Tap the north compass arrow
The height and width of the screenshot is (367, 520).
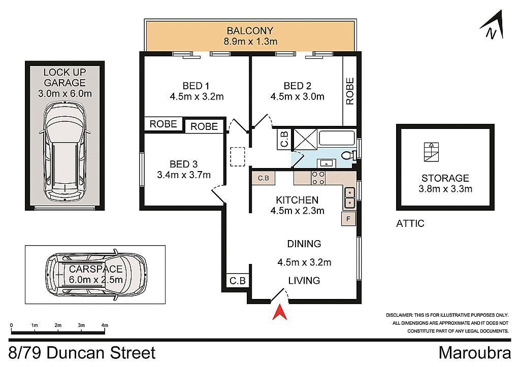pyautogui.click(x=493, y=25)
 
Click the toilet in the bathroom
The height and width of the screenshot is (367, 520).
pyautogui.click(x=347, y=156)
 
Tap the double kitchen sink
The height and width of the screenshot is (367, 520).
pyautogui.click(x=349, y=198)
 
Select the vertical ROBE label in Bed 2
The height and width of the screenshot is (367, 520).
pyautogui.click(x=350, y=91)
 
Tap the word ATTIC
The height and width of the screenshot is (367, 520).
pyautogui.click(x=410, y=223)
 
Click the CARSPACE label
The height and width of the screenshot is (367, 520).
pyautogui.click(x=96, y=269)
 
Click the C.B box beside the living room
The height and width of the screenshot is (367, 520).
pyautogui.click(x=237, y=280)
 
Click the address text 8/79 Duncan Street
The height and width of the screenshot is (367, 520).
pyautogui.click(x=82, y=352)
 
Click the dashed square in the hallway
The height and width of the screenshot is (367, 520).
pyautogui.click(x=237, y=157)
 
